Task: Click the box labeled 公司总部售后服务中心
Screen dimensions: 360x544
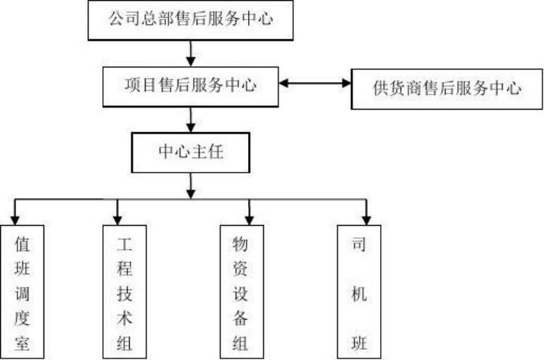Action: tap(191, 20)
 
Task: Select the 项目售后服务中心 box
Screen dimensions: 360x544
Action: tap(191, 86)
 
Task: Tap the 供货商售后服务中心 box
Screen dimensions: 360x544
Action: tap(447, 89)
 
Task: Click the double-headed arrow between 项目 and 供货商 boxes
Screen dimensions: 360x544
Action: tap(315, 83)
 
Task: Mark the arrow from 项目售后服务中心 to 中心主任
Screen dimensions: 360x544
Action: tap(191, 118)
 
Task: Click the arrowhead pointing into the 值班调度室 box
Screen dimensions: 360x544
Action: tap(15, 218)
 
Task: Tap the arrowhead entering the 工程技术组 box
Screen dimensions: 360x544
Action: tap(118, 218)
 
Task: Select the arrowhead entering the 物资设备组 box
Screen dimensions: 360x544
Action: tap(249, 218)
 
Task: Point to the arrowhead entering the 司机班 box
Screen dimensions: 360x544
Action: tap(366, 218)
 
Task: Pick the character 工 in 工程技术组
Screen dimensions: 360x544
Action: tap(124, 243)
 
